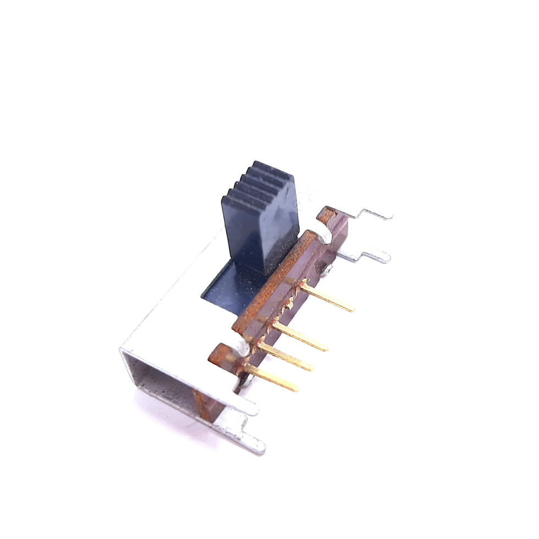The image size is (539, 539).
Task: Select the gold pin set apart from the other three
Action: [x=327, y=298]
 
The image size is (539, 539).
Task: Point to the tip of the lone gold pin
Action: [x=350, y=309]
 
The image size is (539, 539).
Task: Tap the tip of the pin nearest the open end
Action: [x=296, y=388]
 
